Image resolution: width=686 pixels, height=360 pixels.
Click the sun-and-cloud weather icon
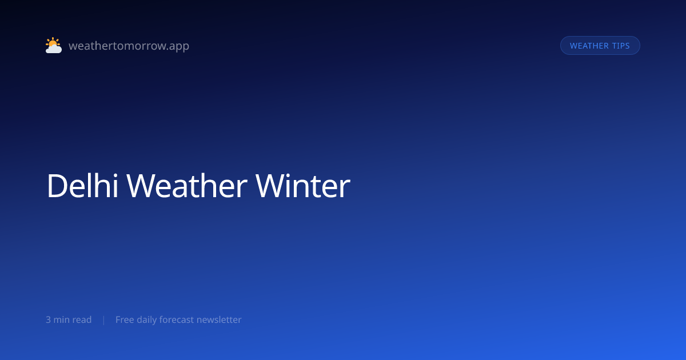54,45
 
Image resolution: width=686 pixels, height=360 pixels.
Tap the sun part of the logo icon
53,42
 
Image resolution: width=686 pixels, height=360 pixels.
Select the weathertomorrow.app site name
129,46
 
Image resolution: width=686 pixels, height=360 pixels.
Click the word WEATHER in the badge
589,46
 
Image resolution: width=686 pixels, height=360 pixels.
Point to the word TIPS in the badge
621,46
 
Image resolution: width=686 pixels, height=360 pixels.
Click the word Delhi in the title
82,186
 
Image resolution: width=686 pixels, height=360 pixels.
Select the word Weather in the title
187,186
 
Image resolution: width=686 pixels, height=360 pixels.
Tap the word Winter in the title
303,186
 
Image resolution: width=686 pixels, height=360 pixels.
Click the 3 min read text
69,319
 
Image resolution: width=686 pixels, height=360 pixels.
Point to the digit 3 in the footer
49,320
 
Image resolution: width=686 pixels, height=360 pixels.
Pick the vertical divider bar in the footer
104,320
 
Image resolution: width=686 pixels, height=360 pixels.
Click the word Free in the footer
125,319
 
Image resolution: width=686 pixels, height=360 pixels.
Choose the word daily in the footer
147,320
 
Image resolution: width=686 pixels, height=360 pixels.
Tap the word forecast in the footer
177,319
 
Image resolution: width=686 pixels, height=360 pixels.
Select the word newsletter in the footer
219,319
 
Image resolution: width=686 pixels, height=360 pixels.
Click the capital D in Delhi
57,186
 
